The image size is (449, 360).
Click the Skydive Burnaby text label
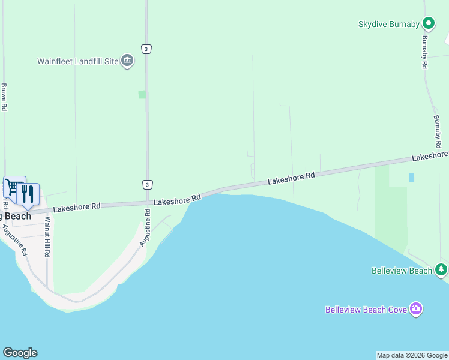388,24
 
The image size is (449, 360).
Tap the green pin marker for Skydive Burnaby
429,23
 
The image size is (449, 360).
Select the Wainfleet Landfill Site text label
78,61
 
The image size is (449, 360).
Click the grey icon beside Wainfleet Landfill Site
127,61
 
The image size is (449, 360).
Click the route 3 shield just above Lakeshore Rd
147,184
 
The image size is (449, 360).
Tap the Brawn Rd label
4,97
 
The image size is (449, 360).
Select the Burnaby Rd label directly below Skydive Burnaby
424,52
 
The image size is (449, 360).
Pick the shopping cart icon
13,187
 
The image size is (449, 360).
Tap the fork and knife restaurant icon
27,194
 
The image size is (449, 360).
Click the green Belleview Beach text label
402,271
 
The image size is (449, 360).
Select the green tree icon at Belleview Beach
442,269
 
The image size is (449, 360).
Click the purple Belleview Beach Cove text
366,310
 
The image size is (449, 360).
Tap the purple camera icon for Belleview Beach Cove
416,309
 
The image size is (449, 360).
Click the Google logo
20,353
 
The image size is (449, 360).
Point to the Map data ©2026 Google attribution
412,355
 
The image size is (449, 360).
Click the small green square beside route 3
142,94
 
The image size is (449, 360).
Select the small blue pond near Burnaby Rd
411,177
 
